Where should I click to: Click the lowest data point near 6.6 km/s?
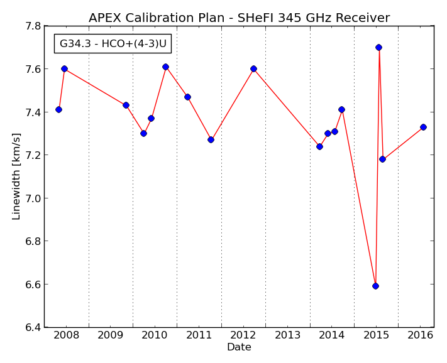[375, 286]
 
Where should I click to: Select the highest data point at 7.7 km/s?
[378, 47]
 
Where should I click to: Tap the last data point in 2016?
[423, 127]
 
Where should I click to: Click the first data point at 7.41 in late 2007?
[58, 110]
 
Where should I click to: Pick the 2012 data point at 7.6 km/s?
[254, 68]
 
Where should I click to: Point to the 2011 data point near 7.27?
[211, 140]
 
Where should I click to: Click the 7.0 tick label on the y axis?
[34, 198]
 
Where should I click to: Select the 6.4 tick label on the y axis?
[34, 327]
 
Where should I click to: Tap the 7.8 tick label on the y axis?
[34, 26]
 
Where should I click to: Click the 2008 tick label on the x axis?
[67, 335]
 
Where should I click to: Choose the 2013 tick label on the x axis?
[288, 335]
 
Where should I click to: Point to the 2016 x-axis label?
[421, 335]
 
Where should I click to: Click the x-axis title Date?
[239, 347]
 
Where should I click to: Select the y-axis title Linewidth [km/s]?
[16, 176]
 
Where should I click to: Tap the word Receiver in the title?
[363, 18]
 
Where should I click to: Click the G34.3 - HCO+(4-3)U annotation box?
[113, 43]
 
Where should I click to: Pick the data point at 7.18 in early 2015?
[382, 159]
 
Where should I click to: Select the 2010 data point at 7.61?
[165, 67]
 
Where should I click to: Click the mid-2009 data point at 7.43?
[126, 105]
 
